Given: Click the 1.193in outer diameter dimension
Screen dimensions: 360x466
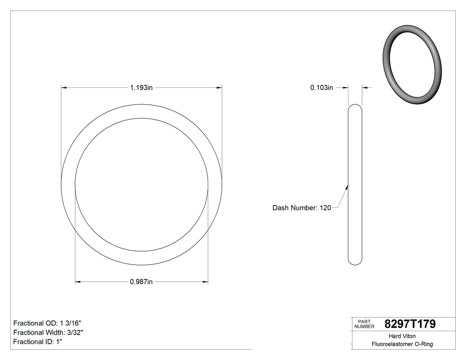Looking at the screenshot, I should pyautogui.click(x=141, y=88).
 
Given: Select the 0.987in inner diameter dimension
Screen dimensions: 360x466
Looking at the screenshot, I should pyautogui.click(x=141, y=281).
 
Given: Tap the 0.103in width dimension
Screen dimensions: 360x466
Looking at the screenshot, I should pyautogui.click(x=321, y=88).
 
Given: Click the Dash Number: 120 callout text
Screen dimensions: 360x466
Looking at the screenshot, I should pyautogui.click(x=301, y=208).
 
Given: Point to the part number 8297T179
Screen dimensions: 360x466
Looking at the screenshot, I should pyautogui.click(x=410, y=324).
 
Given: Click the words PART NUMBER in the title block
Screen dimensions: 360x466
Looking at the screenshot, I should pyautogui.click(x=364, y=324).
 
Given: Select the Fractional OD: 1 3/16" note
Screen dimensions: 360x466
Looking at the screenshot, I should pyautogui.click(x=47, y=323).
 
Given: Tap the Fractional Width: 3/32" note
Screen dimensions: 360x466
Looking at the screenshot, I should pyautogui.click(x=48, y=332).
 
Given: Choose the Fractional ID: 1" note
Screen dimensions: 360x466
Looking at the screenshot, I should pyautogui.click(x=38, y=342).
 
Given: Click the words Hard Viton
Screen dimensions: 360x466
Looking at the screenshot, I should pyautogui.click(x=402, y=336).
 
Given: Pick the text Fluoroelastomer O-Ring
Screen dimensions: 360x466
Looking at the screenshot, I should pyautogui.click(x=402, y=344).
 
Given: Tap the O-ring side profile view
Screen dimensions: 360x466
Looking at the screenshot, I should pyautogui.click(x=355, y=184).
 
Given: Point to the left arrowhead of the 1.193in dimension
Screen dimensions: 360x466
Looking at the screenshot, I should pyautogui.click(x=63, y=88).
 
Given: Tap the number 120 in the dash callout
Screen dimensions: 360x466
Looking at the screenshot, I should pyautogui.click(x=325, y=208).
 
